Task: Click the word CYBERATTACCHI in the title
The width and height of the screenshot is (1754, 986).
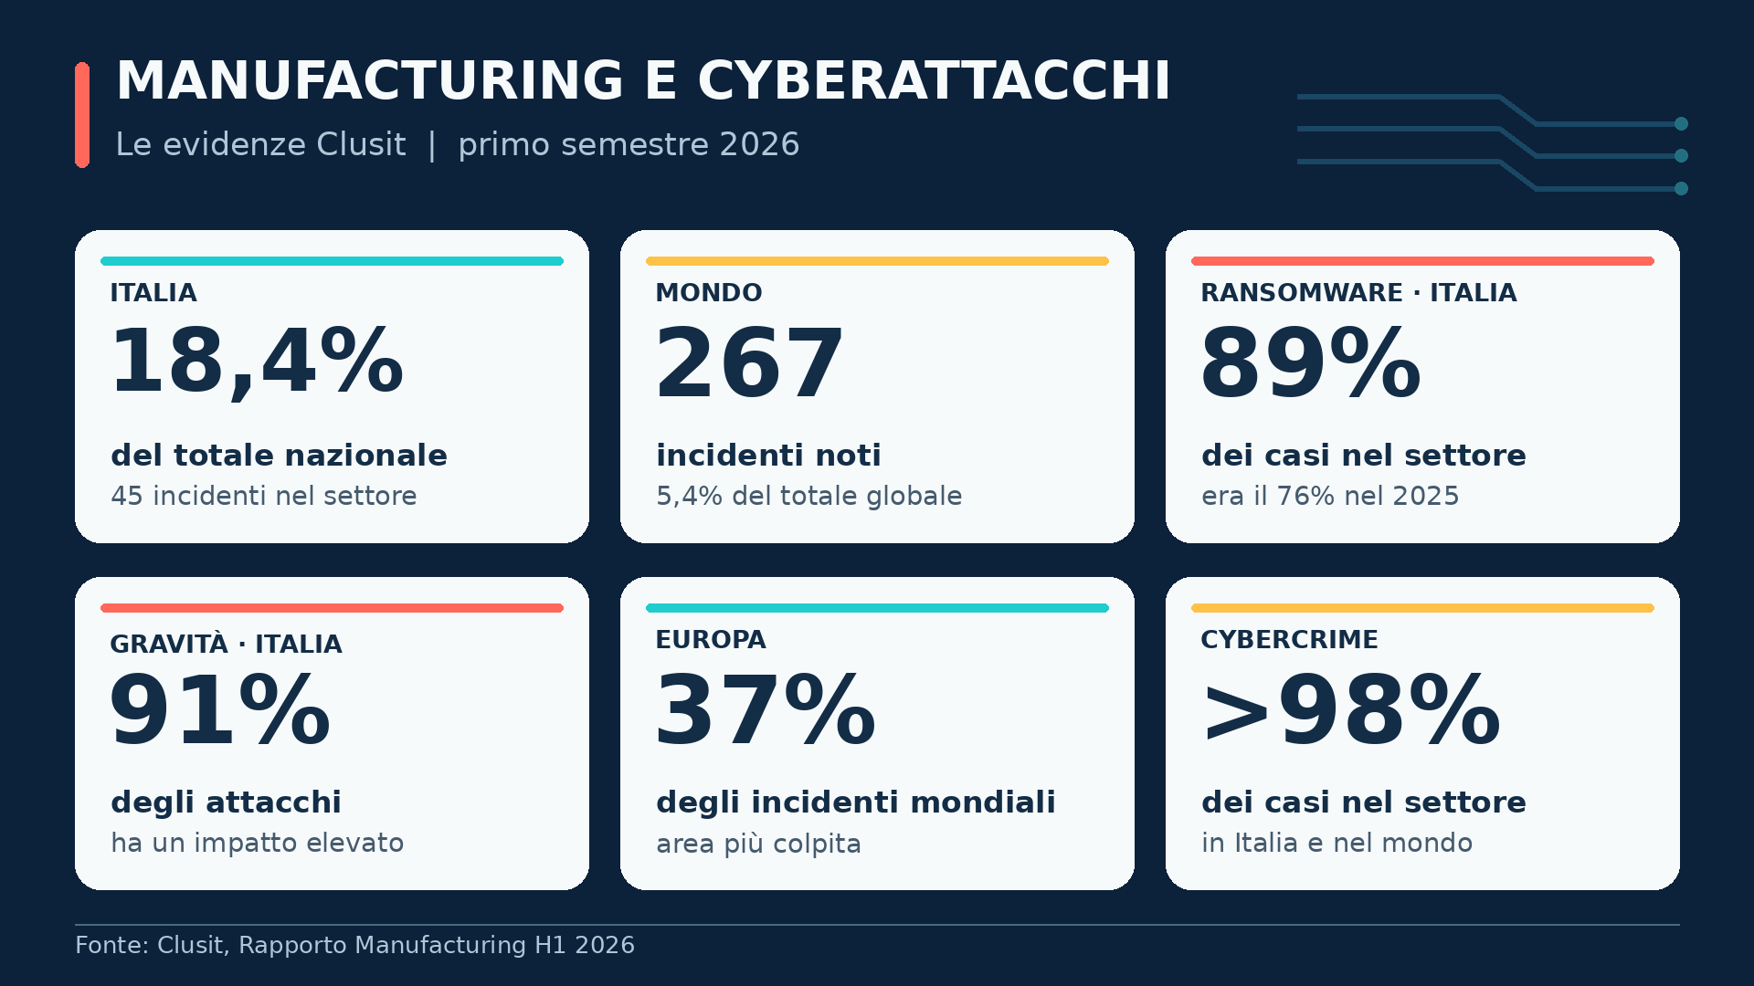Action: [x=934, y=80]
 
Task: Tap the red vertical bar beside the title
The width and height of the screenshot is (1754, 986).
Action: [x=82, y=115]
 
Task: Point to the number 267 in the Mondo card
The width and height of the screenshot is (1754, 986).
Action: [x=749, y=363]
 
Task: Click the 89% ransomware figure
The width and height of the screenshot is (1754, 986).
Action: [x=1311, y=363]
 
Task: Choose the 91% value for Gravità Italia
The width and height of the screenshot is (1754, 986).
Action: [x=219, y=710]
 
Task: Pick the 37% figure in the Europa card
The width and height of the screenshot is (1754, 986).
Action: [x=766, y=710]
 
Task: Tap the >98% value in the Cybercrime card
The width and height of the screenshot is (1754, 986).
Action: [x=1351, y=710]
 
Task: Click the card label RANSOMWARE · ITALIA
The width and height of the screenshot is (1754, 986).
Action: [x=1358, y=293]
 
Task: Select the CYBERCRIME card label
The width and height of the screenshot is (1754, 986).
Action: [x=1289, y=640]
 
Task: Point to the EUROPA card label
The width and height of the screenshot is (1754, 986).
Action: [x=711, y=640]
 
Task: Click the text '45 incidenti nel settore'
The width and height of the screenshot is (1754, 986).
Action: [x=264, y=496]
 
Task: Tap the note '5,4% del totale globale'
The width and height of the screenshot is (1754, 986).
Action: [x=809, y=496]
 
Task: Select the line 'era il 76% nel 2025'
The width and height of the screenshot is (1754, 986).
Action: [x=1330, y=496]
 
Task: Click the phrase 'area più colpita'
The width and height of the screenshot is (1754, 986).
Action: [x=758, y=844]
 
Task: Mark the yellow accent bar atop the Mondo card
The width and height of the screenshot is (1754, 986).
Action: [x=877, y=261]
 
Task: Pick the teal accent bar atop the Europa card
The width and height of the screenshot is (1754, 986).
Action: [x=877, y=608]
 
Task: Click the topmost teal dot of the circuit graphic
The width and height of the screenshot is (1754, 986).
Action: [x=1681, y=123]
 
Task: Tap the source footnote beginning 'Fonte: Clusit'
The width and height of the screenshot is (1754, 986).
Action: [x=354, y=945]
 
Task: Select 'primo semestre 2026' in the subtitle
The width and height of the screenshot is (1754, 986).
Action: [x=629, y=144]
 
